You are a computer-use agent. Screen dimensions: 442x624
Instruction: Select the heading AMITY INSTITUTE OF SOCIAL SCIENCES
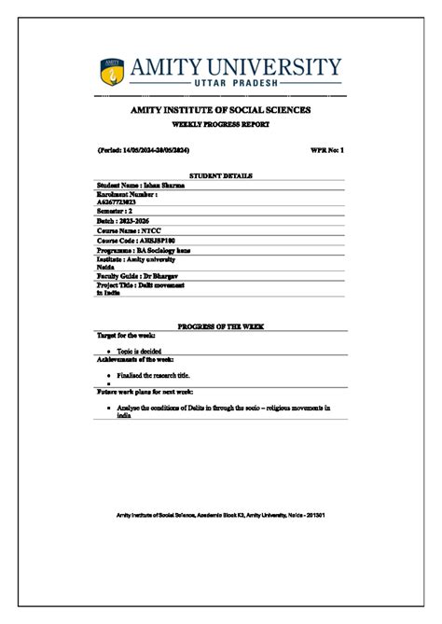click(220, 111)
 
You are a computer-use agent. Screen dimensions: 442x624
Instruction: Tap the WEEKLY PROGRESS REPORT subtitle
click(220, 124)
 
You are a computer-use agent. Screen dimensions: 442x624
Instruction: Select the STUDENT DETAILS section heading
click(221, 175)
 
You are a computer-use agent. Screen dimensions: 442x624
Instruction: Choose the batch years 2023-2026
click(131, 221)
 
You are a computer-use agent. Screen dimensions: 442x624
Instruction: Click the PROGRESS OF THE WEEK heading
click(221, 326)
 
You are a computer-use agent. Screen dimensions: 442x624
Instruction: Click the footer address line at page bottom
click(220, 515)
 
